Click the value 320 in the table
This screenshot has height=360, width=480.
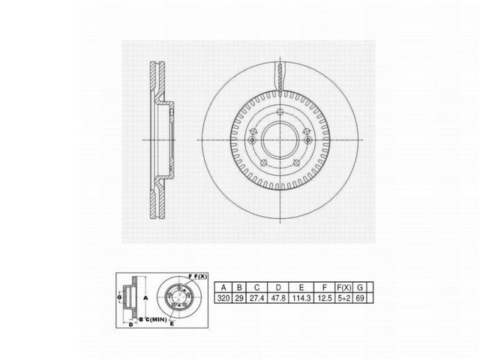click(x=223, y=298)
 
